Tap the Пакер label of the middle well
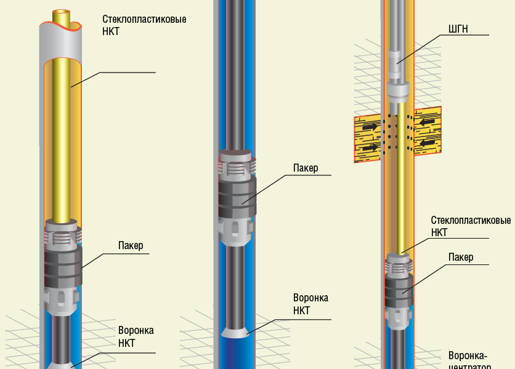tap(306, 168)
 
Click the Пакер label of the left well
tap(131, 246)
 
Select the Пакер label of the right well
tap(461, 257)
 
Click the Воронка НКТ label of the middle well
tap(310, 304)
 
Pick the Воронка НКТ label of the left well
tap(136, 336)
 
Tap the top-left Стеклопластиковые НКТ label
tap(144, 25)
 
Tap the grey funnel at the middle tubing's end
tap(237, 333)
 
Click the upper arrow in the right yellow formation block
tap(428, 122)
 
